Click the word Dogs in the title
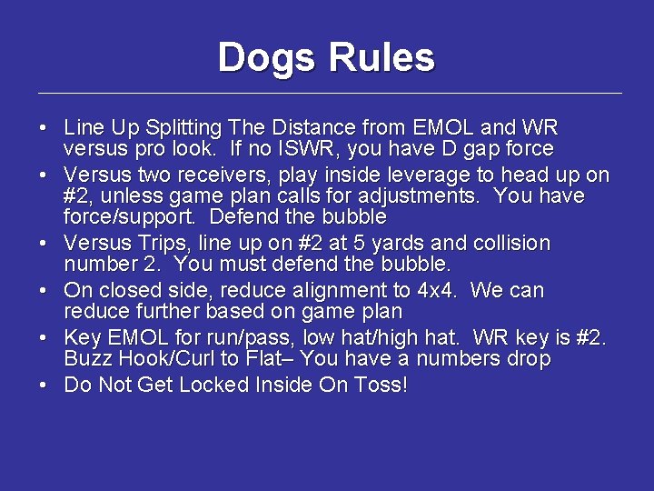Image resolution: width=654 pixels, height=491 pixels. click(x=268, y=57)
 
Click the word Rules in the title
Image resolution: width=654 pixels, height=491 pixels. click(x=381, y=57)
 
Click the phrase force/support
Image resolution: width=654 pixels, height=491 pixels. click(x=121, y=217)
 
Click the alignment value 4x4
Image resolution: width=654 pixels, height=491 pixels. click(x=438, y=291)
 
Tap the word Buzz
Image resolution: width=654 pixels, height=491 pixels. click(x=85, y=359)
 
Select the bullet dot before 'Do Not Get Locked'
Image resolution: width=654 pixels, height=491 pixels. click(x=44, y=386)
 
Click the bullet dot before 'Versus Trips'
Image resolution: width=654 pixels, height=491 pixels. click(x=44, y=244)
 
